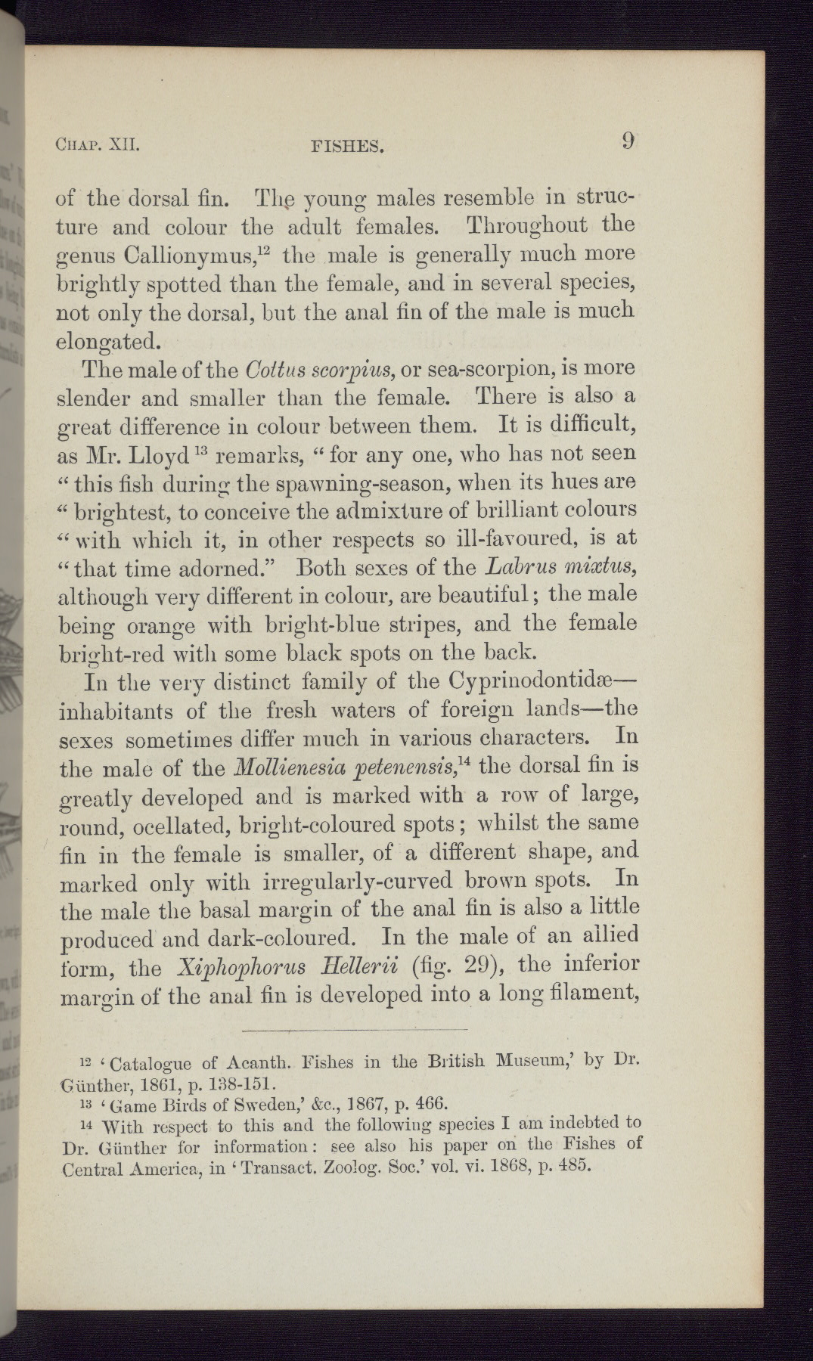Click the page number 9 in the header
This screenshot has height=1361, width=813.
pos(628,141)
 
